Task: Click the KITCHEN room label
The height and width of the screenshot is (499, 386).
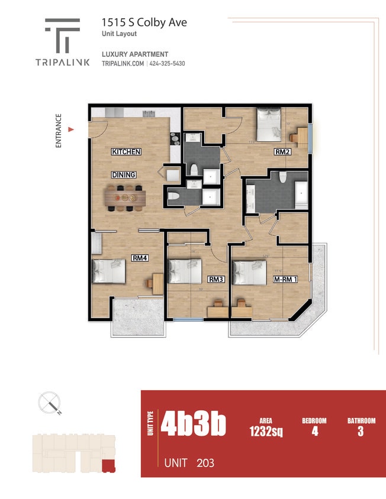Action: (x=126, y=152)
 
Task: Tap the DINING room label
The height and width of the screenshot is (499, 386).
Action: (x=124, y=174)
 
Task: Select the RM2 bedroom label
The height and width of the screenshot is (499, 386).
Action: (x=282, y=152)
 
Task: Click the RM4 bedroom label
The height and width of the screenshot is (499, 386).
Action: (x=140, y=258)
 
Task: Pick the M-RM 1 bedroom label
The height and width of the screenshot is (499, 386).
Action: (x=284, y=280)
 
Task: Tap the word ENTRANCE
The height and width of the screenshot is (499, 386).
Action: (x=59, y=130)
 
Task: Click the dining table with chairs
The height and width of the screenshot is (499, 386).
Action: (x=126, y=197)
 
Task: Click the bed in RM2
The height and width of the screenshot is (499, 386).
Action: (x=269, y=122)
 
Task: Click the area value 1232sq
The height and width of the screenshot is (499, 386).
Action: (x=266, y=432)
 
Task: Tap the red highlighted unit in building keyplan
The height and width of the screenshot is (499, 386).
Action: (x=108, y=465)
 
